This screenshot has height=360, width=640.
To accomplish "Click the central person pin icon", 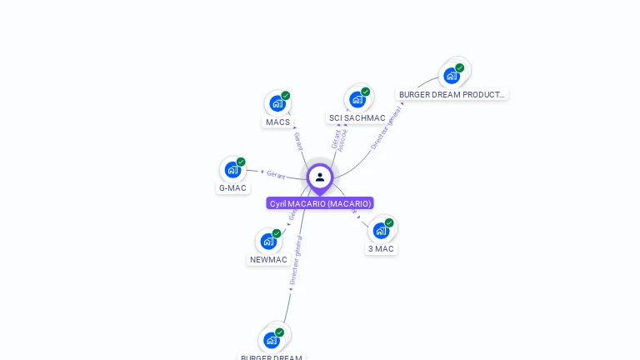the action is (320, 177).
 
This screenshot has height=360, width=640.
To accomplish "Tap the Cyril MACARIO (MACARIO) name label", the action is (320, 203).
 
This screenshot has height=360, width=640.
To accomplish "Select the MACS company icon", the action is (277, 103).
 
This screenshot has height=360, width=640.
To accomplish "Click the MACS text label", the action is (277, 122).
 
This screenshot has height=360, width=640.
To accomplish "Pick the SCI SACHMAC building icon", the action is (357, 99).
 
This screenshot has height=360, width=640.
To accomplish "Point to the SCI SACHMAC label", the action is (357, 118).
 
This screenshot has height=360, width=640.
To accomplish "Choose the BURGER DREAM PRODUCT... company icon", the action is (452, 76).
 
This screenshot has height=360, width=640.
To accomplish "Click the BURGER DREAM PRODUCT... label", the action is (452, 95).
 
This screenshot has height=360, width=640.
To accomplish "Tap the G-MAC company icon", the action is (232, 170).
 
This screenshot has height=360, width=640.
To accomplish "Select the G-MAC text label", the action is (232, 188).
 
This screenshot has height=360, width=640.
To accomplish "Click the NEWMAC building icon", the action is (268, 242).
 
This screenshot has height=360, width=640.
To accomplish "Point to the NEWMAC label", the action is (268, 260).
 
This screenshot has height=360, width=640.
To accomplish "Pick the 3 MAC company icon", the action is (381, 230).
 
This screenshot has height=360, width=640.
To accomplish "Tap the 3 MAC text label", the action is (381, 249).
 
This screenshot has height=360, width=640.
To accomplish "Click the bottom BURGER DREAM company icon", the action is (272, 340).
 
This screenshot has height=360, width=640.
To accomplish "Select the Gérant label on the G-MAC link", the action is (276, 175).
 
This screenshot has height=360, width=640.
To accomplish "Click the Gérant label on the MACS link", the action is (297, 141).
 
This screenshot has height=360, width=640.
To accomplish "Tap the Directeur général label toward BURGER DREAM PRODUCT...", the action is (386, 128).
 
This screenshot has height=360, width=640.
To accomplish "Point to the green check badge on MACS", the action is (285, 96).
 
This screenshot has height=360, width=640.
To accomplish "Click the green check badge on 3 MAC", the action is (389, 222).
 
